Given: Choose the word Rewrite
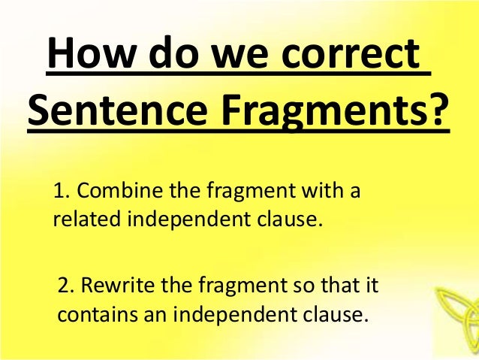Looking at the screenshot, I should coord(119,286).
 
